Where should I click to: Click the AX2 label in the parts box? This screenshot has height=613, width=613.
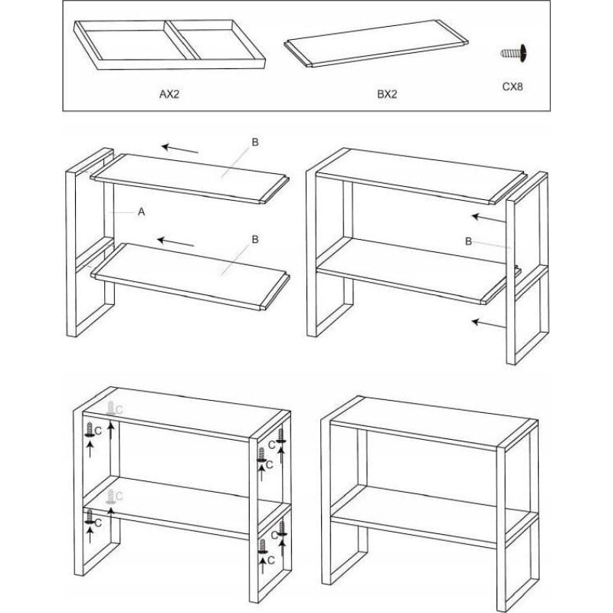169,94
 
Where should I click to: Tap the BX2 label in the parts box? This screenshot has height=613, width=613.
387,94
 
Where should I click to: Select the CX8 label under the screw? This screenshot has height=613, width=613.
513,87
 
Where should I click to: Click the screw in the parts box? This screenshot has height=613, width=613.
513,52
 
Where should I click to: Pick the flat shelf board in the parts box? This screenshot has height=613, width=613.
376,44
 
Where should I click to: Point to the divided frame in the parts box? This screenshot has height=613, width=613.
169,45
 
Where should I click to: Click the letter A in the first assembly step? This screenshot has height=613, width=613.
142,212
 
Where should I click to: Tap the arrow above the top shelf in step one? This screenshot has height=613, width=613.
180,149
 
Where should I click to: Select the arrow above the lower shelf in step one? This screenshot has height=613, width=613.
175,242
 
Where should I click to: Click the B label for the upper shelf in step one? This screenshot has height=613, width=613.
255,143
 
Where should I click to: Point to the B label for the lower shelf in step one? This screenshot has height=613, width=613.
255,239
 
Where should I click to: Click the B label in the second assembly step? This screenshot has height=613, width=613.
468,241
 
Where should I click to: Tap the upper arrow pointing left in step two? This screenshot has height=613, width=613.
489,218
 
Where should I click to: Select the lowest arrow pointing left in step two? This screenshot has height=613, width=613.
489,323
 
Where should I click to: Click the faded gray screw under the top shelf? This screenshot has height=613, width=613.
111,408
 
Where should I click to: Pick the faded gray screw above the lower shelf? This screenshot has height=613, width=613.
111,497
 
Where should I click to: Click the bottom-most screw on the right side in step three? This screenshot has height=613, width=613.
263,546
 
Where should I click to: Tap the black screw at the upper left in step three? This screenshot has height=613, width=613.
90,429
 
